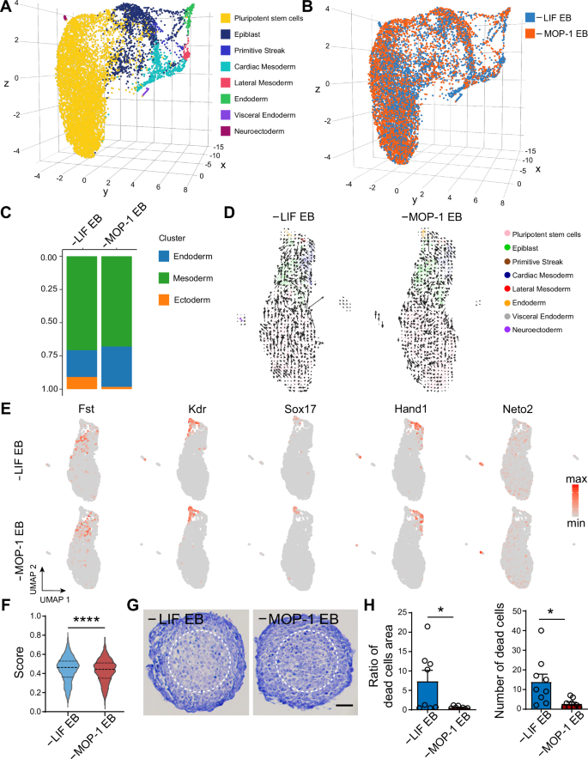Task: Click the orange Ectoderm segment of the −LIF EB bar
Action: pos(82,383)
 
